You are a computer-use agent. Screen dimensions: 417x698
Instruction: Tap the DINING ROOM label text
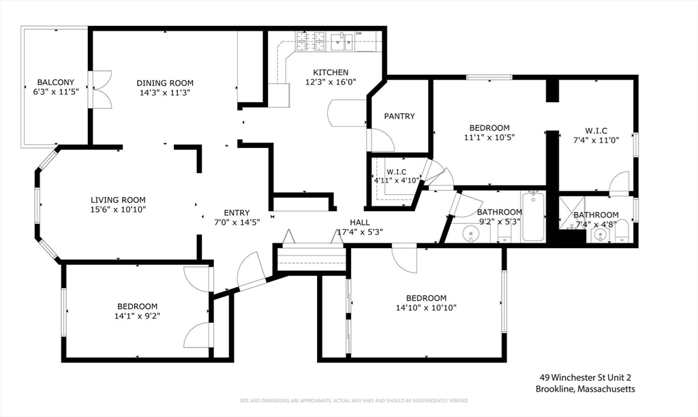point(165,82)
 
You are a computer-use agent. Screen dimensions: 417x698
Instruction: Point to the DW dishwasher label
point(359,33)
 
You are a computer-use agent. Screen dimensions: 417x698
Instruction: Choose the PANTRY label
point(399,117)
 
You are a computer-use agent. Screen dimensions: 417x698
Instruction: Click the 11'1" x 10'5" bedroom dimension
point(489,137)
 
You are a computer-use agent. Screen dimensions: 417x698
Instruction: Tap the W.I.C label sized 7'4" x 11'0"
point(596,131)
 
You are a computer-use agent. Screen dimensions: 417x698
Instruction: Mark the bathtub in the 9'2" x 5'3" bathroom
point(533,217)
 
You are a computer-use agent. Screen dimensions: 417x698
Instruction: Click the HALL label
point(360,222)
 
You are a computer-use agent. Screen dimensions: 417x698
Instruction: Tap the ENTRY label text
point(237,213)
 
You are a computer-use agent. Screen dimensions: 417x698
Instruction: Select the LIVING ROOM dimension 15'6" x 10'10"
point(119,209)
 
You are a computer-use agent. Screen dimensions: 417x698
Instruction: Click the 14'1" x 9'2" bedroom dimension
point(137,315)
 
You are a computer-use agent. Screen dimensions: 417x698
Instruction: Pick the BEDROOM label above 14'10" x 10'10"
point(426,298)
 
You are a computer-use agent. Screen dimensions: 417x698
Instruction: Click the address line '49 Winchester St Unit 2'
point(589,377)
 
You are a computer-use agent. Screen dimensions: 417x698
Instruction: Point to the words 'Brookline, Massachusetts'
point(587,389)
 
